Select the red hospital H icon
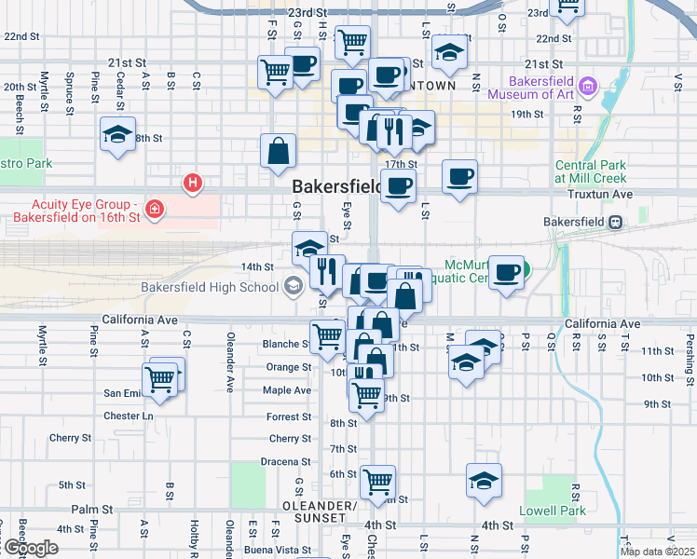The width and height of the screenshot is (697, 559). (193, 182)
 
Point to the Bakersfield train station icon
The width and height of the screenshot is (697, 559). (615, 223)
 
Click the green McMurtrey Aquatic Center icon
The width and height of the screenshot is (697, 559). (524, 271)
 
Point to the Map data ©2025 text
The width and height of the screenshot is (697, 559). (657, 552)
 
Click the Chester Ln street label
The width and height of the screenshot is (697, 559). (128, 416)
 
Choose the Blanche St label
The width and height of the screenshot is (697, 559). (280, 344)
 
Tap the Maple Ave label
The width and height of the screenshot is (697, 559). (287, 390)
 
